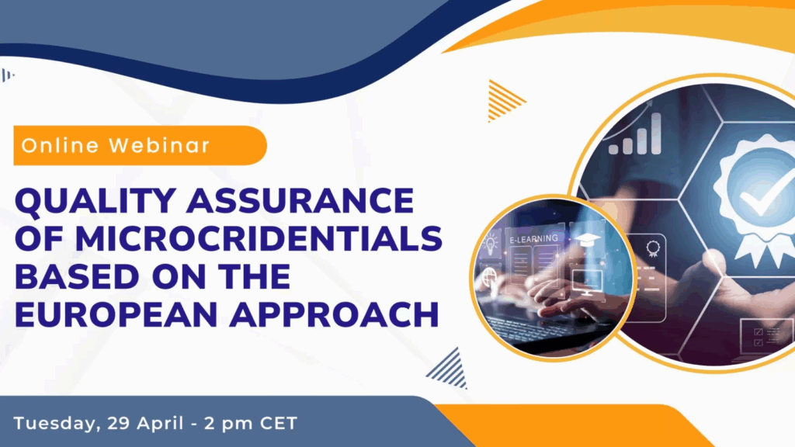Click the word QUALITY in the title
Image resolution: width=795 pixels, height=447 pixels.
(x=95, y=201)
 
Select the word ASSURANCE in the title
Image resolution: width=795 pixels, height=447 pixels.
(x=300, y=200)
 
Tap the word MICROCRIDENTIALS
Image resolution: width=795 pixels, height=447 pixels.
(x=259, y=239)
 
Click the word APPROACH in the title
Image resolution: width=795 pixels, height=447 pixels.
(x=334, y=315)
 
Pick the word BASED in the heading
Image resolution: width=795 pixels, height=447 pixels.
(x=77, y=277)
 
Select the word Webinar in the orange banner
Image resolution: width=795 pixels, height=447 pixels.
(x=159, y=145)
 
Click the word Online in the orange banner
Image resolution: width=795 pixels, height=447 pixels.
(x=60, y=145)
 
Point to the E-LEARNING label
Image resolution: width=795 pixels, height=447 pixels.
(x=533, y=239)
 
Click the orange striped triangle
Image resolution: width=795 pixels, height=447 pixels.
(x=503, y=100)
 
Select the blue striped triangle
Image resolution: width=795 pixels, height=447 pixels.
(x=449, y=369)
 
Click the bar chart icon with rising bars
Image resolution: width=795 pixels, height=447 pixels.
(x=636, y=134)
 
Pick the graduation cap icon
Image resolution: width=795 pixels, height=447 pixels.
(x=588, y=241)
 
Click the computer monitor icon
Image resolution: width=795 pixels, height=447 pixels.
(x=587, y=282)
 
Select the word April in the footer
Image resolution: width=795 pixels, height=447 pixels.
(x=160, y=424)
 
